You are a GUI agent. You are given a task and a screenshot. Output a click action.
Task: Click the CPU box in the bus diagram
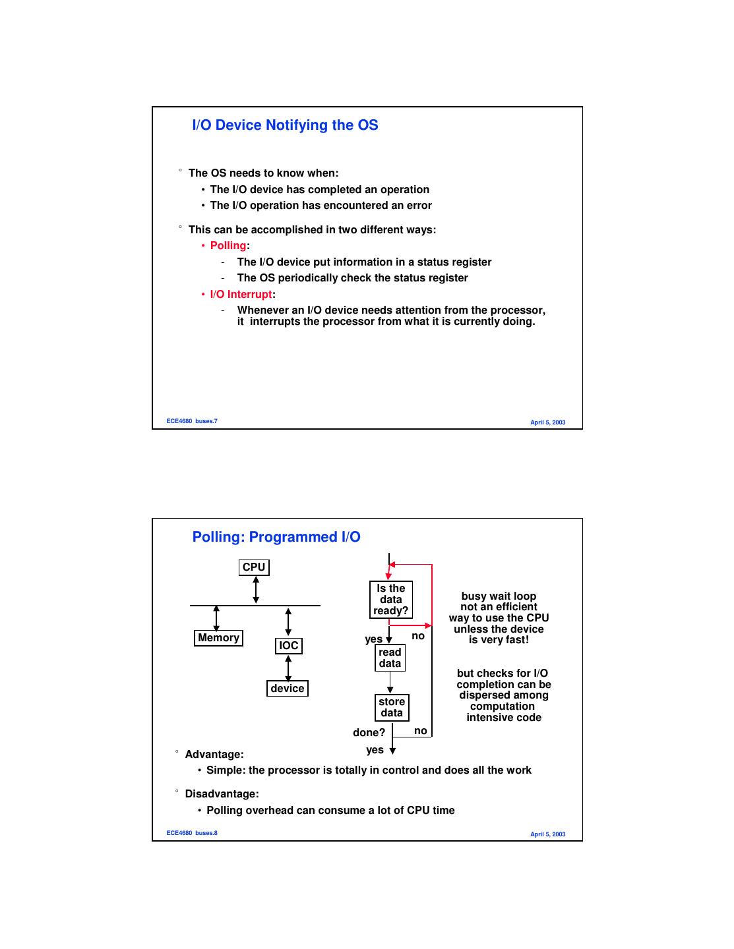(x=254, y=567)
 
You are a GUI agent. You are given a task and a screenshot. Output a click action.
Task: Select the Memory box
(x=219, y=638)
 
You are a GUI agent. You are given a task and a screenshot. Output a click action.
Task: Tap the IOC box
(x=289, y=646)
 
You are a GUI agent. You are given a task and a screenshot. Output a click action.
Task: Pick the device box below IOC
(x=288, y=689)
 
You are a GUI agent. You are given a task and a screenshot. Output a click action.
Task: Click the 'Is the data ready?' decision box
(x=390, y=600)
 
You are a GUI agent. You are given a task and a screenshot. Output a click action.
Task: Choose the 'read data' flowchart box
(x=390, y=658)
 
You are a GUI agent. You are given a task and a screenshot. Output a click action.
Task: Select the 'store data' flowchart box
(x=391, y=707)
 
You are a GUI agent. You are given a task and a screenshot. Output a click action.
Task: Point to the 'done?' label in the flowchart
(x=369, y=733)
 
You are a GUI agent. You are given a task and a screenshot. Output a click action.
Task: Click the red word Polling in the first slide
(x=228, y=246)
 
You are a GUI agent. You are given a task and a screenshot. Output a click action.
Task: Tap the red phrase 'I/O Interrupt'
(x=241, y=295)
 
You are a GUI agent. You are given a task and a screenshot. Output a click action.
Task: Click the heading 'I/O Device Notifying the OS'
(x=285, y=125)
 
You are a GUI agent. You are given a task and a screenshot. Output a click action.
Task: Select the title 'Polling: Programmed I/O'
(x=276, y=537)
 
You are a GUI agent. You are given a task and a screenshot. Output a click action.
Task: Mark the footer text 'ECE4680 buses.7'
(x=192, y=421)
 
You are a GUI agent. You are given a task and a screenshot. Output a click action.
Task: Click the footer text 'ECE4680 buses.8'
(x=192, y=833)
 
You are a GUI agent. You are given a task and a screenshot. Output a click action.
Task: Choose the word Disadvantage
(x=222, y=794)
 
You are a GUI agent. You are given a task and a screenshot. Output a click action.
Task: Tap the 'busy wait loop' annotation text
(x=499, y=596)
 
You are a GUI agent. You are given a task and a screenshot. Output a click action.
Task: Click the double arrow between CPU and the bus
(x=256, y=590)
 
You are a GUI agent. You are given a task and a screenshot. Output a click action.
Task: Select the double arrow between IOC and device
(x=288, y=668)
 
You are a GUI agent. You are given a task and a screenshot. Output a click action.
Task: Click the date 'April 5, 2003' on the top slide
(x=547, y=422)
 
